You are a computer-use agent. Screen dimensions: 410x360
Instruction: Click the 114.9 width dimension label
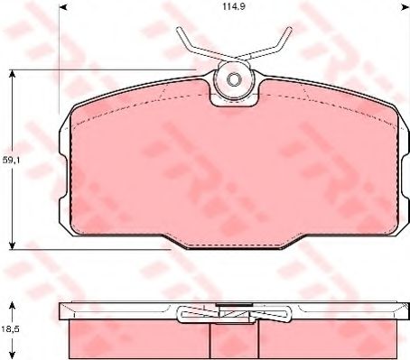coord(234,7)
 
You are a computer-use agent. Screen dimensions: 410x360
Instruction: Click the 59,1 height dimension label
coord(11,161)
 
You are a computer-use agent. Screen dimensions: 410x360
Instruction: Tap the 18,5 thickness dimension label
coord(11,329)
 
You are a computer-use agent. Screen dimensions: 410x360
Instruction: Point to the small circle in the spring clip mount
coord(233,79)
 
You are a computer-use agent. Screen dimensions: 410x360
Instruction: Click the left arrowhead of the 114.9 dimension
coord(62,6)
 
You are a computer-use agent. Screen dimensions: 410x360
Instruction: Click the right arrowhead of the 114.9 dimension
coord(405,6)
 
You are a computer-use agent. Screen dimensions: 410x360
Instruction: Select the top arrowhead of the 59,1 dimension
coord(12,74)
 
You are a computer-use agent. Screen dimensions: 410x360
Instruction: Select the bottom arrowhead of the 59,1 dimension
coord(12,245)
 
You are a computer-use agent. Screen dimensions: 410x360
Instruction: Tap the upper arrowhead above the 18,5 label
coord(12,307)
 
